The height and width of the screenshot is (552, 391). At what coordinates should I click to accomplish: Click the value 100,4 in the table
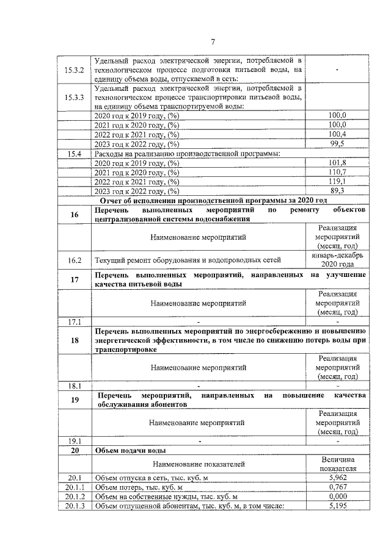point(337,134)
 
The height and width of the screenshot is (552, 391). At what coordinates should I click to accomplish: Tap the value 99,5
point(337,144)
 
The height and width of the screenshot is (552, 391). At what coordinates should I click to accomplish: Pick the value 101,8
point(337,163)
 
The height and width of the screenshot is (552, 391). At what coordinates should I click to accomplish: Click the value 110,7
point(337,173)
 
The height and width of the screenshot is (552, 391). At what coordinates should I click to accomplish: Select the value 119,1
point(337,182)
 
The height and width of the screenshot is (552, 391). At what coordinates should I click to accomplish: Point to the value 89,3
point(337,192)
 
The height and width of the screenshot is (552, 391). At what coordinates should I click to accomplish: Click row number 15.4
point(74,154)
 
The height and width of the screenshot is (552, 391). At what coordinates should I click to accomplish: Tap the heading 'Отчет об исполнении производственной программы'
point(213,201)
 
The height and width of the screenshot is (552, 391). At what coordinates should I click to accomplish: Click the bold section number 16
point(75,215)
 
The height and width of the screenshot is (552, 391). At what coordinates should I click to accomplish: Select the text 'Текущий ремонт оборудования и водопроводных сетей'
point(188,260)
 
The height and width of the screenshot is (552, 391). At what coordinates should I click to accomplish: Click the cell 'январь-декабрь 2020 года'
point(337,260)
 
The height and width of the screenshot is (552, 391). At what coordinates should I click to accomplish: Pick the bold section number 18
point(75,340)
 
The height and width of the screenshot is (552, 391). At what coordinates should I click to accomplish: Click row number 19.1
point(74,441)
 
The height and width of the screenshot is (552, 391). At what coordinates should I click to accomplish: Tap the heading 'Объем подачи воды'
point(131,451)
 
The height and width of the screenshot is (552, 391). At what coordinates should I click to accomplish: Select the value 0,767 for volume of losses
point(337,487)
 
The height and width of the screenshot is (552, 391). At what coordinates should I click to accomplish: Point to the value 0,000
point(337,496)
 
